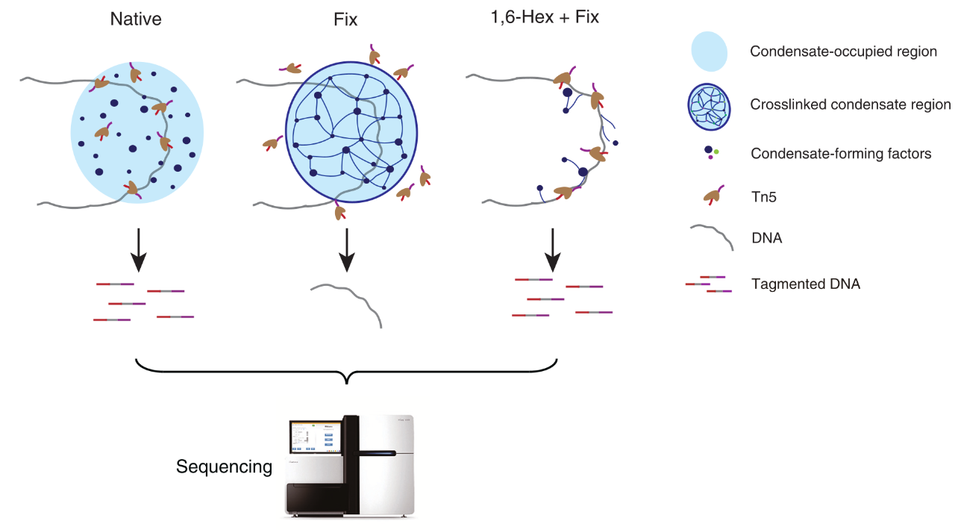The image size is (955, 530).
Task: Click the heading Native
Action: coord(136,19)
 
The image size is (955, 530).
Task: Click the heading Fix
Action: coord(345,20)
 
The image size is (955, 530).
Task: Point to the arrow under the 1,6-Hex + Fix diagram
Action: coord(552,251)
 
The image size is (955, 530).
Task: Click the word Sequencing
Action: coord(224,467)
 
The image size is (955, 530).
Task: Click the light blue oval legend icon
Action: coord(714,52)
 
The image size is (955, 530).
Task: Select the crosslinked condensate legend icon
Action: coord(714,105)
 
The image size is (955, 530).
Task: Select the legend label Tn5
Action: coord(765,197)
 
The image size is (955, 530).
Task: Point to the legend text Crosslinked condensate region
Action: coord(851,105)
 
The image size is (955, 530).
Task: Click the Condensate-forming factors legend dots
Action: coord(712,153)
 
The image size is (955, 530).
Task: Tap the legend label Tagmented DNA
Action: coord(806,284)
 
